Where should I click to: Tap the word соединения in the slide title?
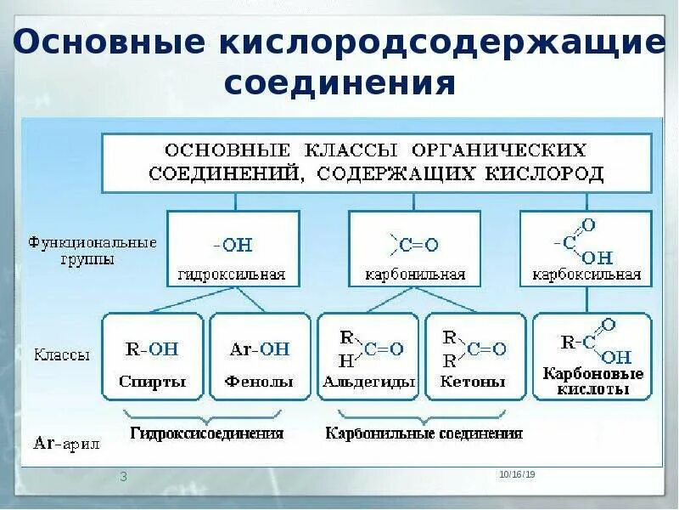(339, 83)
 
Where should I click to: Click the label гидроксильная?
(232, 275)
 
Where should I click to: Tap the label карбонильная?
(415, 275)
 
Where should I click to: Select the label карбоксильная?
(586, 275)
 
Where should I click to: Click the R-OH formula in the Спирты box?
(152, 348)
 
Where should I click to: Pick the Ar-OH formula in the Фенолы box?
(260, 348)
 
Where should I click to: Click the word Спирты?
(153, 382)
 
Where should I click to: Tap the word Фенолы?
(259, 382)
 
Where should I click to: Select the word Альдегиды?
(368, 382)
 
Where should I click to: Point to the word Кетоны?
(473, 382)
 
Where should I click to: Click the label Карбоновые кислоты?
(593, 382)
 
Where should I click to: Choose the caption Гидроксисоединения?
(206, 433)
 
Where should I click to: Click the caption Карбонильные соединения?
(424, 433)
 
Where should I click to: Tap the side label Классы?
(62, 355)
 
